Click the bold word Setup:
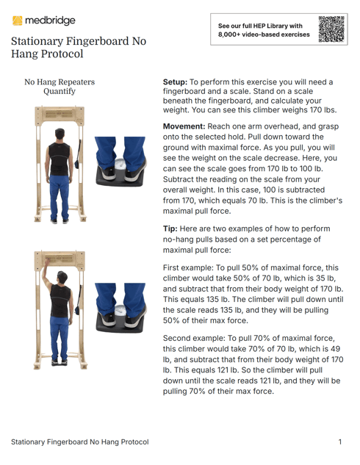point(176,82)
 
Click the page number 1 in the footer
point(340,442)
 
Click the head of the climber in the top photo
point(60,134)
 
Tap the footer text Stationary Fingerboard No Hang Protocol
point(79,442)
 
